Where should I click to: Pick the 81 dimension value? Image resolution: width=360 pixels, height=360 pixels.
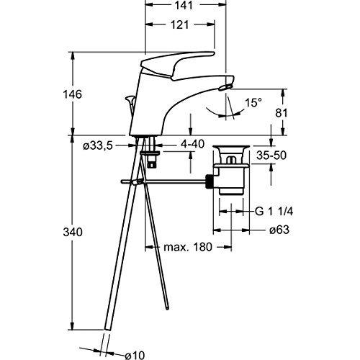point(284,112)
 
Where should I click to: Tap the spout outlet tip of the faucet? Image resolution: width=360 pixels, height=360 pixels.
point(225,86)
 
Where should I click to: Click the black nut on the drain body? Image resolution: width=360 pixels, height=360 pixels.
point(212,181)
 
